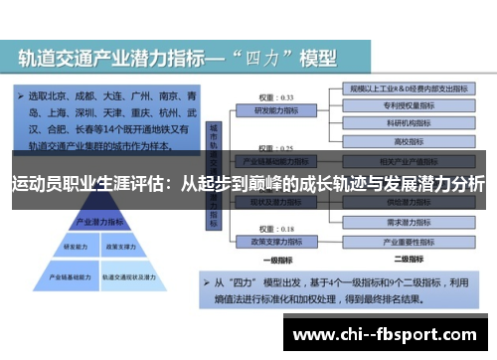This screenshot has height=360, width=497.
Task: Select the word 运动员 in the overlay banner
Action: click(x=36, y=185)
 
